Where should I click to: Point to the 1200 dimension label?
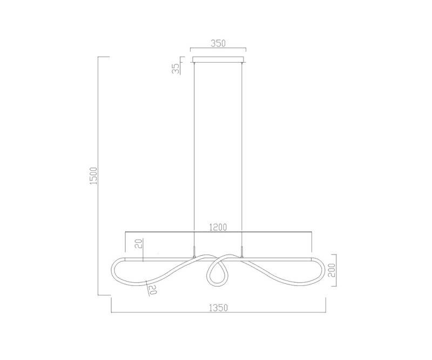pos(218,226)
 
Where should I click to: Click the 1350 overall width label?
pos(218,308)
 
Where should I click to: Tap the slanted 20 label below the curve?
pos(153,290)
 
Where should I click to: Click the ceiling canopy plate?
pos(218,59)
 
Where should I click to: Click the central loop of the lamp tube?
pos(218,274)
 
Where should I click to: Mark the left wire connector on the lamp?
pos(194,251)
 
